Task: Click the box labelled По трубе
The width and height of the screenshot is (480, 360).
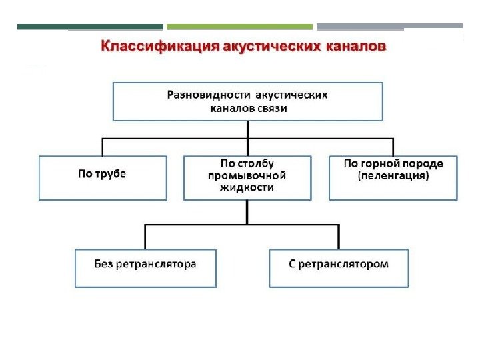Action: pos(103,177)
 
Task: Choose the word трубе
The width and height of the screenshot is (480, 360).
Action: pos(112,174)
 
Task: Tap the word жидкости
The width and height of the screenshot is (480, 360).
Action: pos(247,187)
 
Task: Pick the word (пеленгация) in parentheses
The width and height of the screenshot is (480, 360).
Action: pos(393,177)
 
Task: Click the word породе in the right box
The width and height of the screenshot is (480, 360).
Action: pos(424,163)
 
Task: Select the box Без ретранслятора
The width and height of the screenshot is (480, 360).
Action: pos(145,268)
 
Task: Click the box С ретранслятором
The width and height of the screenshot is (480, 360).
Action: pos(339,268)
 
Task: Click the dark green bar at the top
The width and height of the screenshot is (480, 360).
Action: pos(90,27)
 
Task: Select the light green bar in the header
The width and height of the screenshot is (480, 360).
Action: pos(239,27)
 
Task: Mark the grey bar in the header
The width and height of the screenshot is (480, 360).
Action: pos(389,27)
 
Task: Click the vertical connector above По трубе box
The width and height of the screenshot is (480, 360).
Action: pos(103,147)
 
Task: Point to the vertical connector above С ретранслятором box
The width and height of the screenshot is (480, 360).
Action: pos(339,237)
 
